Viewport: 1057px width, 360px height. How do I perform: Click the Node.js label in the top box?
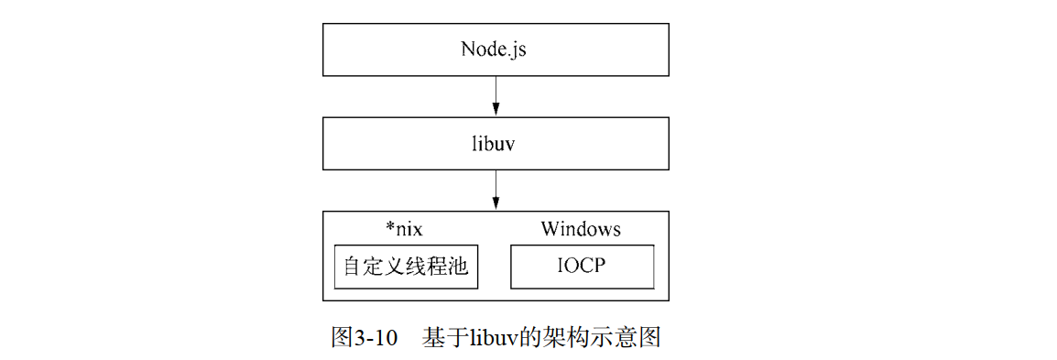pos(495,49)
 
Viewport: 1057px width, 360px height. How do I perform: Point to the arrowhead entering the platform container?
pos(496,206)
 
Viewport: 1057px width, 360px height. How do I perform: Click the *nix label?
pos(404,228)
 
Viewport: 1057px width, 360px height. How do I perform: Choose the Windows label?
pos(580,228)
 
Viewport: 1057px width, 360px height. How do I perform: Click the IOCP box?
pos(582,267)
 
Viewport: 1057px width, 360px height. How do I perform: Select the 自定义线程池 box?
pos(406,267)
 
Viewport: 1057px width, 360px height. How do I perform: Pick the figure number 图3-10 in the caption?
pos(364,337)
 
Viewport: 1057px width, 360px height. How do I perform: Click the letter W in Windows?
pos(550,228)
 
